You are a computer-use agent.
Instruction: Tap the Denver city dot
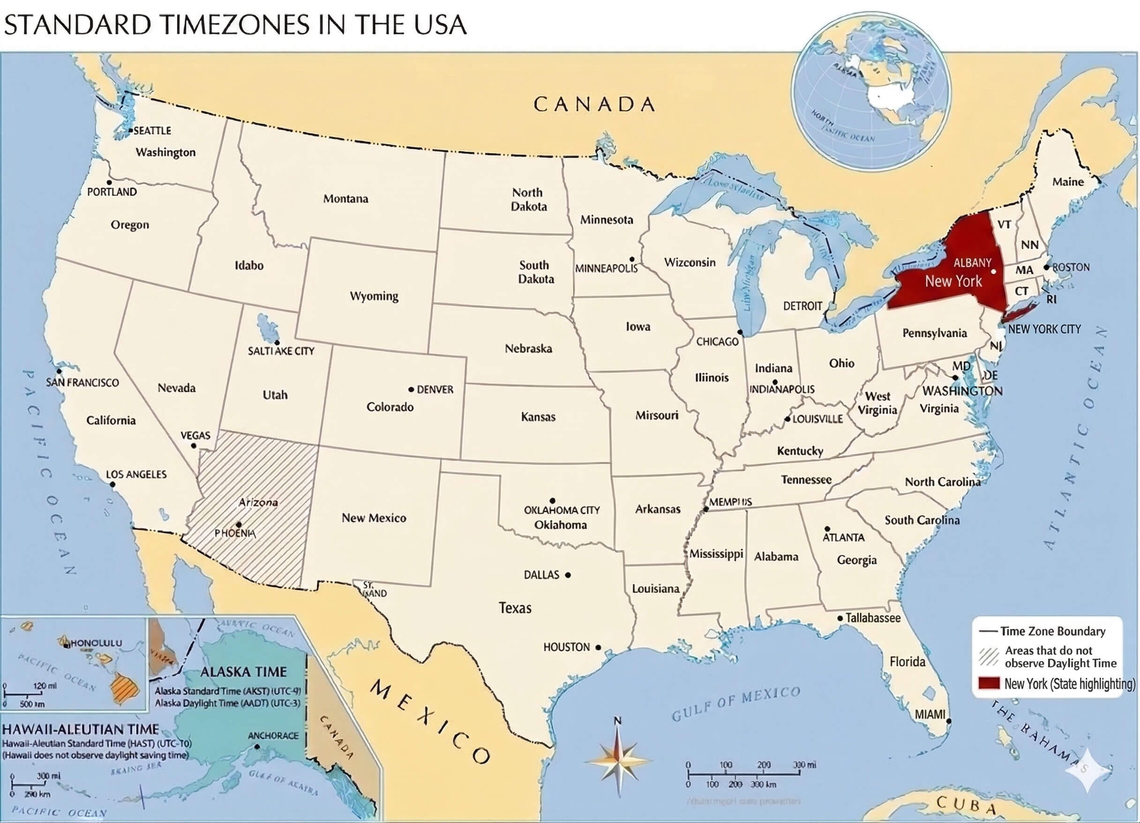tap(411, 389)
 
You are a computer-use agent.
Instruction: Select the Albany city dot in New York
tap(993, 271)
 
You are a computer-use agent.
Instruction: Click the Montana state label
tap(345, 199)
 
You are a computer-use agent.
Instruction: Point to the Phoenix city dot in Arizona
tap(239, 524)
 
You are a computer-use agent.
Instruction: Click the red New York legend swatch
tap(988, 683)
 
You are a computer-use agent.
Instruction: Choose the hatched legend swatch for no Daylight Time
tap(988, 656)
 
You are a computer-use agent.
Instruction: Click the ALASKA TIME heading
tap(243, 672)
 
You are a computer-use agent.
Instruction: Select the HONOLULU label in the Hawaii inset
tap(97, 643)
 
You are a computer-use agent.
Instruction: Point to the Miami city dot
tap(948, 721)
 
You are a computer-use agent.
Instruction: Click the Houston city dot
tap(598, 647)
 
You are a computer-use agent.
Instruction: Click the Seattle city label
tap(152, 131)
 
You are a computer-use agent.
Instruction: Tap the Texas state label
tap(515, 608)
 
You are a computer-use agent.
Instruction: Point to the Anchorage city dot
tap(257, 747)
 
